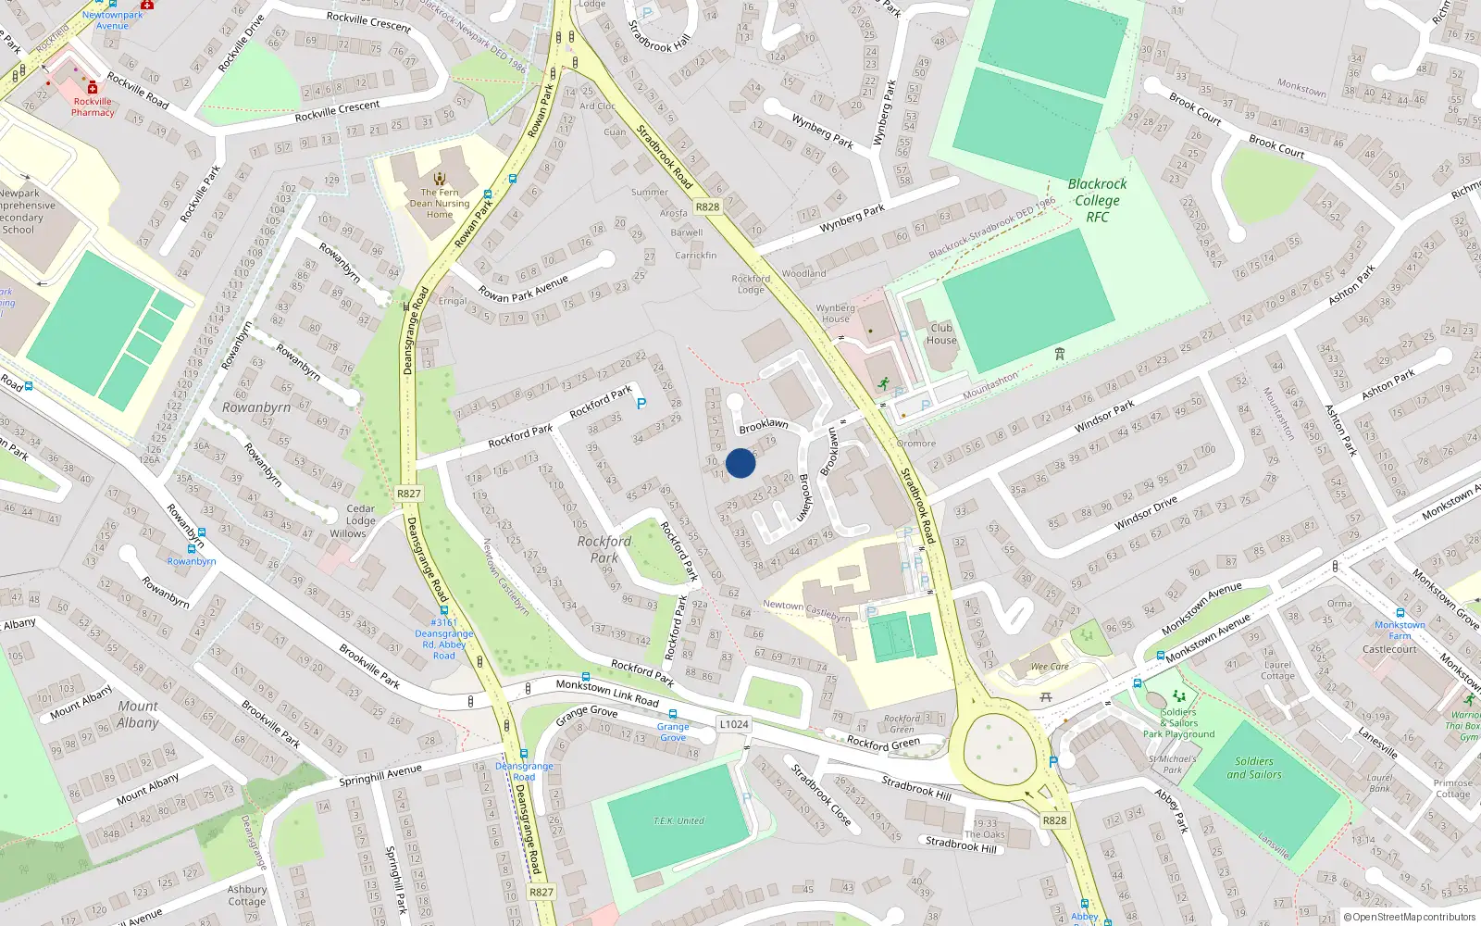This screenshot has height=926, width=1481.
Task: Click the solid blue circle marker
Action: tap(740, 463)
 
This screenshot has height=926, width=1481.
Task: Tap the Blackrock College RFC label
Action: tap(1098, 200)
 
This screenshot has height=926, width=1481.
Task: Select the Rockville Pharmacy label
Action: tap(93, 106)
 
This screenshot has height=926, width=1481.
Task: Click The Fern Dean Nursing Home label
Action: tap(440, 204)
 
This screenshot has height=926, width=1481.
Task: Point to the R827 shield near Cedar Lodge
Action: tap(409, 494)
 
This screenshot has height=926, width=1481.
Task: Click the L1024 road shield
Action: tap(733, 724)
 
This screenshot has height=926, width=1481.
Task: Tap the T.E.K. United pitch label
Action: tap(678, 821)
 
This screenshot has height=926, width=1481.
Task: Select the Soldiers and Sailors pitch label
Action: tap(1254, 768)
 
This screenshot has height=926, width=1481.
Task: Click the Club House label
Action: tap(941, 334)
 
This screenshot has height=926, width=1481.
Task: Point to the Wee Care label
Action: tap(1050, 667)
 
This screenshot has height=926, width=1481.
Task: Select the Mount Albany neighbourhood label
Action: tap(138, 714)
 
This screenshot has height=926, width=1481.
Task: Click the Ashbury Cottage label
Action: tap(247, 895)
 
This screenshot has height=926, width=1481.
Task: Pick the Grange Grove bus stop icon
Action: tap(673, 714)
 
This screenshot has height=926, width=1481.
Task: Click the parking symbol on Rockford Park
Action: tap(641, 404)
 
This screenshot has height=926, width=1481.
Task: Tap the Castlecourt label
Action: tap(1389, 649)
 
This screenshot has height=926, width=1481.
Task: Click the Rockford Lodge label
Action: tap(751, 283)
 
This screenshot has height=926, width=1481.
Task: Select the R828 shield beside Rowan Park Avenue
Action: tap(708, 207)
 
